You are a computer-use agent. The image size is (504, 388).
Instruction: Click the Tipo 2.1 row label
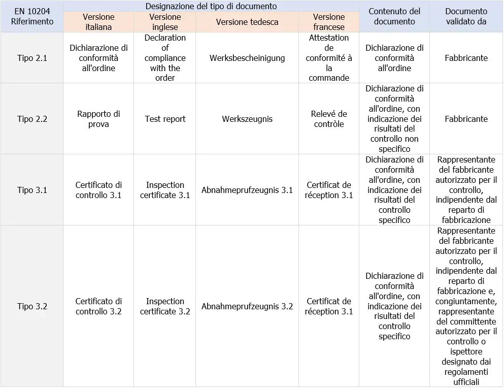pyautogui.click(x=32, y=58)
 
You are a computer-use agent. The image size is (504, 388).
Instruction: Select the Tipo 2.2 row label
pyautogui.click(x=32, y=119)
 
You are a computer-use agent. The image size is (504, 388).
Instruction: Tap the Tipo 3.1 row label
pyautogui.click(x=32, y=190)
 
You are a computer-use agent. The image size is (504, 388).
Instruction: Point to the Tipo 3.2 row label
pyautogui.click(x=32, y=306)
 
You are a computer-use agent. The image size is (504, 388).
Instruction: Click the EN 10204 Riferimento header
pyautogui.click(x=32, y=17)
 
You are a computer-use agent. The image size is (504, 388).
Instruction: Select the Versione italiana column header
pyautogui.click(x=98, y=22)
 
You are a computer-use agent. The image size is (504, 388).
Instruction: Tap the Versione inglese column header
pyautogui.click(x=165, y=22)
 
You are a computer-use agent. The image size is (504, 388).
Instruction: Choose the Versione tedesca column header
pyautogui.click(x=247, y=22)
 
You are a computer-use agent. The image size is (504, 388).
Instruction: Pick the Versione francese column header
pyautogui.click(x=329, y=22)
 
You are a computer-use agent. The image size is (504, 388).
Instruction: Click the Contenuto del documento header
pyautogui.click(x=394, y=17)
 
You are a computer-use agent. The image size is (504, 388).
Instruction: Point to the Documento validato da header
pyautogui.click(x=466, y=17)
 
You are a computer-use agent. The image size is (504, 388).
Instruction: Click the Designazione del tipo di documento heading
pyautogui.click(x=211, y=6)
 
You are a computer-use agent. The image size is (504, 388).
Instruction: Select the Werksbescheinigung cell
pyautogui.click(x=247, y=58)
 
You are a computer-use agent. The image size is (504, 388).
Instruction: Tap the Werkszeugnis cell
pyautogui.click(x=247, y=119)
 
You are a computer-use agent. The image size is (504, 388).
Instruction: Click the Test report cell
pyautogui.click(x=165, y=119)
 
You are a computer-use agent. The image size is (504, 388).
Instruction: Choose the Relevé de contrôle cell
pyautogui.click(x=329, y=119)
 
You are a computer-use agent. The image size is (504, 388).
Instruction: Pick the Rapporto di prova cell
pyautogui.click(x=98, y=119)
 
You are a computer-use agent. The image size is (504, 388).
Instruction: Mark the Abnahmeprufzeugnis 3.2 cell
pyautogui.click(x=247, y=306)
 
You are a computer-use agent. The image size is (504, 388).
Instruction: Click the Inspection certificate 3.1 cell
pyautogui.click(x=165, y=190)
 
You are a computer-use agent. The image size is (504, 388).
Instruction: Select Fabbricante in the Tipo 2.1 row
pyautogui.click(x=466, y=58)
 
